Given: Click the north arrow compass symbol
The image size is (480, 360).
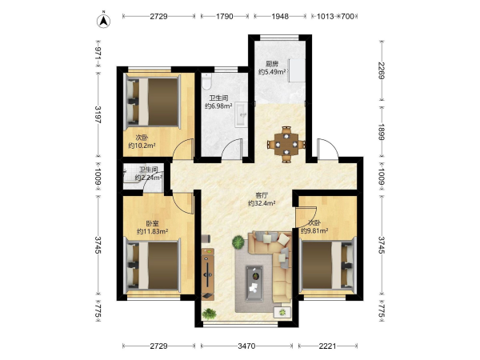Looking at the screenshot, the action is (103, 21).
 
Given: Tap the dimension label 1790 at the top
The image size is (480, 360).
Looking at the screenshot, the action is (225, 16).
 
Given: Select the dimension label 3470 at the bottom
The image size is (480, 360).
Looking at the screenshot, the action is (246, 346).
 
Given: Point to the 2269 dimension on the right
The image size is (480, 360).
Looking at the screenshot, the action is (382, 70).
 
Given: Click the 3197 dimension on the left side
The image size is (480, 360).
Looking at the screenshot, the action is (98, 114).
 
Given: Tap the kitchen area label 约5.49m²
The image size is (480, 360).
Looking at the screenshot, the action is (272, 72).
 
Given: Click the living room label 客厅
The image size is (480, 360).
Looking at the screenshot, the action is (262, 195).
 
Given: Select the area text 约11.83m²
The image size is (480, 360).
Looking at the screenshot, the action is (152, 231).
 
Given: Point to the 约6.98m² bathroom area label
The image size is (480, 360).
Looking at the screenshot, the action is (218, 106).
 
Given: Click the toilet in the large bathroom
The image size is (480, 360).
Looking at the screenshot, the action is (207, 81).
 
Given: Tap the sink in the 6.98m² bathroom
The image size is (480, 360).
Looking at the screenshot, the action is (242, 114).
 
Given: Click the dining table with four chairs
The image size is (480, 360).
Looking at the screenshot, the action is (286, 144).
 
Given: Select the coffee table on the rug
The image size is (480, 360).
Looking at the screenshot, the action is (254, 283).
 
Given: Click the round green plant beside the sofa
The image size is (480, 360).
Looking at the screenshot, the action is (238, 242).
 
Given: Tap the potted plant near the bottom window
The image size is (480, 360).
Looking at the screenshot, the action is (210, 314).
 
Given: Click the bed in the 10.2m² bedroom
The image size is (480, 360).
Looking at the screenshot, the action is (153, 102).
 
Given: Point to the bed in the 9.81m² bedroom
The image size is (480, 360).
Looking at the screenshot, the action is (327, 265).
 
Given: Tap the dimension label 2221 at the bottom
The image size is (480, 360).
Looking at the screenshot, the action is (327, 346).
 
